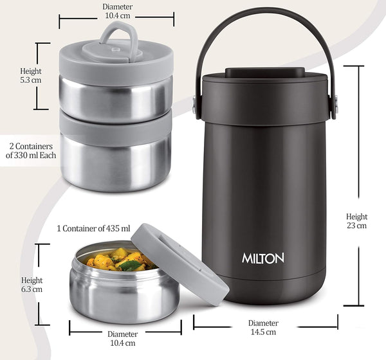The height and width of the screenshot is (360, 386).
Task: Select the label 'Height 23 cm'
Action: coord(356,221)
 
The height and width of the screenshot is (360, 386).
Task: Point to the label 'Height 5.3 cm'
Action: coord(30,76)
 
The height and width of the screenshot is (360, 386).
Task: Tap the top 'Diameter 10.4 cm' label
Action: coord(116,11)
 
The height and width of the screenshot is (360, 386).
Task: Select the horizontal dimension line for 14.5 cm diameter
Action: coord(265,315)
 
